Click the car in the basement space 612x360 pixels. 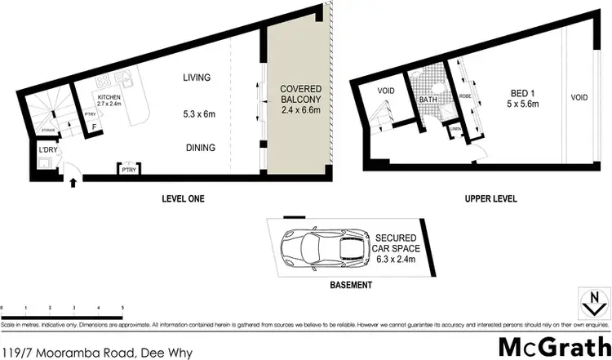point(322,247)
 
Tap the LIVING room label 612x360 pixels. point(197,78)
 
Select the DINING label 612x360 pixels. point(199,148)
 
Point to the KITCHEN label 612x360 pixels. point(108,97)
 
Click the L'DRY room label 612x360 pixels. point(47,152)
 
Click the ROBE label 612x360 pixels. point(465,96)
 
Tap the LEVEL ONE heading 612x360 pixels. point(182,198)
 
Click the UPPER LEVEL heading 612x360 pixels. point(492,198)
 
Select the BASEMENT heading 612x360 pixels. point(352,286)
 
